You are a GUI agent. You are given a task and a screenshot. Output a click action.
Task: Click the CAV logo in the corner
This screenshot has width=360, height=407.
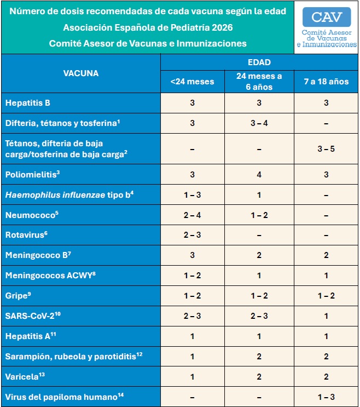[326, 27]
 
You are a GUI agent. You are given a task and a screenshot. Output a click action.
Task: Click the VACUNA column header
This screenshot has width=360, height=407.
[80, 73]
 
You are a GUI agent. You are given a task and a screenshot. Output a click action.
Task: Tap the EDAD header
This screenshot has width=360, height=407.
[259, 62]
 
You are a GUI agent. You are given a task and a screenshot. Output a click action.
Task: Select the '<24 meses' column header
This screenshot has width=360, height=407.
[192, 82]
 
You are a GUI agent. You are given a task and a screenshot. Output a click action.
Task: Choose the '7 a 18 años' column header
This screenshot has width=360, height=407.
[326, 82]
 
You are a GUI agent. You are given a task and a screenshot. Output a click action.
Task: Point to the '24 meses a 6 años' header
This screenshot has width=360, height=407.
[259, 82]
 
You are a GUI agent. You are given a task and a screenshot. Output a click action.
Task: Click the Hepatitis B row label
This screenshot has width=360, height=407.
[28, 102]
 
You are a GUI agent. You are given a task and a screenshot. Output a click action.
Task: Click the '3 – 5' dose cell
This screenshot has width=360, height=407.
[326, 149]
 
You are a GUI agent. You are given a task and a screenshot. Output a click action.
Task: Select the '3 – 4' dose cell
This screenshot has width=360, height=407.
[259, 123]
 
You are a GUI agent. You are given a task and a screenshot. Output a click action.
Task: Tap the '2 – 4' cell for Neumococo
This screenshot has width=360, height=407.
[192, 215]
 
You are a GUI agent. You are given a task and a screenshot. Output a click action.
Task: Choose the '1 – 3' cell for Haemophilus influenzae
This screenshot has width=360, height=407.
[192, 194]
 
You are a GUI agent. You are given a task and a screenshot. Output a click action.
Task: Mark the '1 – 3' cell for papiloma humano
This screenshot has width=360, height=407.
[326, 397]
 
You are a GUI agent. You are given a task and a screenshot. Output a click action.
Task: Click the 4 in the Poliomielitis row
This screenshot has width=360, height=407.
[259, 174]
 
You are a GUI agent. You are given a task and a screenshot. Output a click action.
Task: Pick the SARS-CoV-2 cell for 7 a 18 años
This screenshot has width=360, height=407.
[326, 316]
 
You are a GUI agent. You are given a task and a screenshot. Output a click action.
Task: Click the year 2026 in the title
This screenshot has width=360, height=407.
[230, 27]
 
